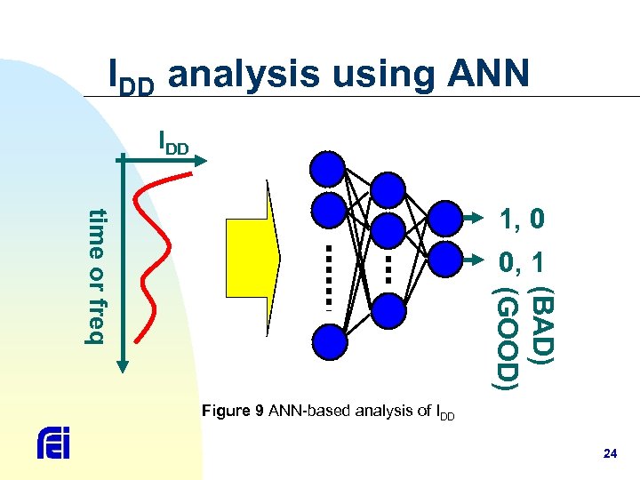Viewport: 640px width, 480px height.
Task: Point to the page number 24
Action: tap(610, 454)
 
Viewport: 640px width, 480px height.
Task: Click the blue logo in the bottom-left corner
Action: tap(53, 442)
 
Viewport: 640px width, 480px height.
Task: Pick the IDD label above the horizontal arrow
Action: tap(172, 142)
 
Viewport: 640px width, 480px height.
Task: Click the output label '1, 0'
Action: tap(522, 219)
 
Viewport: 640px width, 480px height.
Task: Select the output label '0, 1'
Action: tap(522, 262)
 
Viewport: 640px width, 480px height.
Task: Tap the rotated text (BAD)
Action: tap(540, 323)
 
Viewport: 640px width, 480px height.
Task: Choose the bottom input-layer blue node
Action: tap(328, 340)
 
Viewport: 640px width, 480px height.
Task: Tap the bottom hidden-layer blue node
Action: tap(387, 310)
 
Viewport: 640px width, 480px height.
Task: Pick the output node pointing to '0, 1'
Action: tap(445, 261)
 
